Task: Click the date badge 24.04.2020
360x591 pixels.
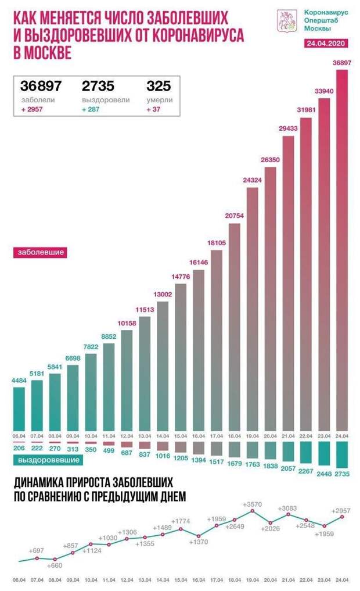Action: pyautogui.click(x=325, y=44)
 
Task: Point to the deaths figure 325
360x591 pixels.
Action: pyautogui.click(x=159, y=86)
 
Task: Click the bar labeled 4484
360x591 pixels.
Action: pyautogui.click(x=19, y=407)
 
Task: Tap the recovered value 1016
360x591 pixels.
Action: pyautogui.click(x=163, y=456)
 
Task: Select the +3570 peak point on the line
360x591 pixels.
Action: pyautogui.click(x=253, y=510)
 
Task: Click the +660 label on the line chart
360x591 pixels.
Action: pyautogui.click(x=53, y=565)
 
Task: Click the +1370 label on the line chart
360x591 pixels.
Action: pyautogui.click(x=198, y=542)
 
